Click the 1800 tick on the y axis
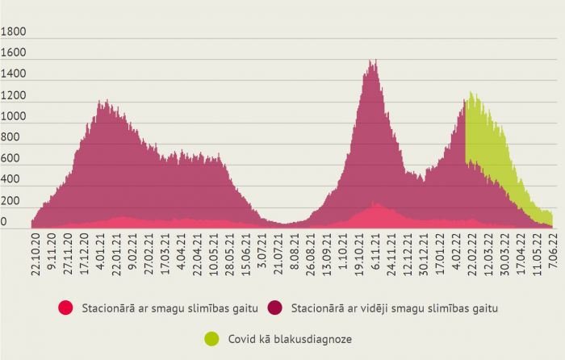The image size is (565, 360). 15,32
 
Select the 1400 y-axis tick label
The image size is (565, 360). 15,75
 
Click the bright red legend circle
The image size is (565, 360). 66,308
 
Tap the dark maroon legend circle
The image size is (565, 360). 276,308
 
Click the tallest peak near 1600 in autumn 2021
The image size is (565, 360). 371,61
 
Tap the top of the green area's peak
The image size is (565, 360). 471,93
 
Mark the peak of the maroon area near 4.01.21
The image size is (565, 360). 102,102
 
